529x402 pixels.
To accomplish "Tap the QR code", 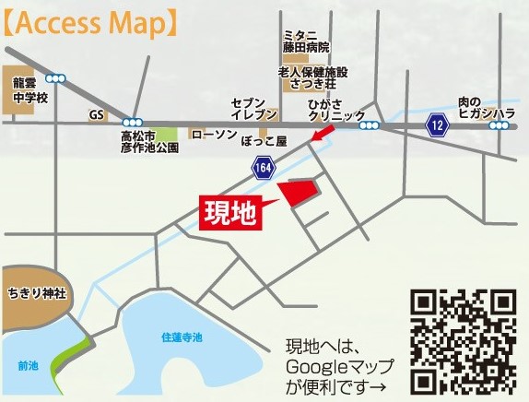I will click(463, 340).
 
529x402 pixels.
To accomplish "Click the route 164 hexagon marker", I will click(264, 166).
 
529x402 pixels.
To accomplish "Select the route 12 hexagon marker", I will click(435, 124).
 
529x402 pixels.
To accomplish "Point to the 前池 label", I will click(29, 365).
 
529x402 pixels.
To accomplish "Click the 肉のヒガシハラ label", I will click(486, 107).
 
